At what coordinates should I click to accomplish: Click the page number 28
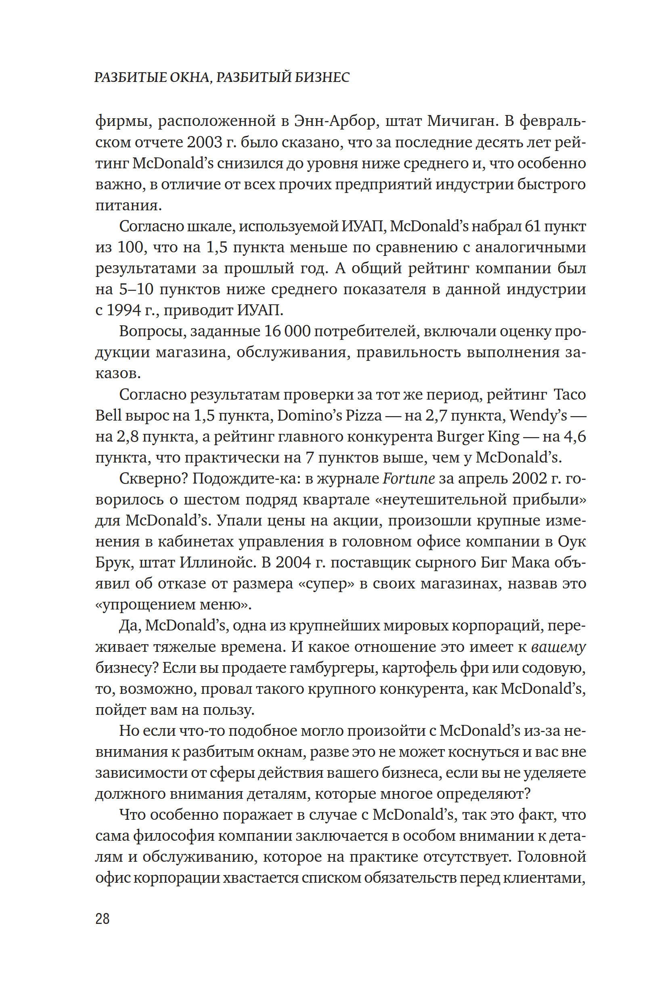point(103,919)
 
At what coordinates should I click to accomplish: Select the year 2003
point(205,142)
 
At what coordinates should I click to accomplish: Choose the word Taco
point(569,394)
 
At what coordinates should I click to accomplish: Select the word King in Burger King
point(504,436)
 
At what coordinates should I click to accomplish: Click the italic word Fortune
point(408,478)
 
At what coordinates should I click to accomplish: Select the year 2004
point(293,562)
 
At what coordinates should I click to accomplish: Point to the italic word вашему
point(558,647)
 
